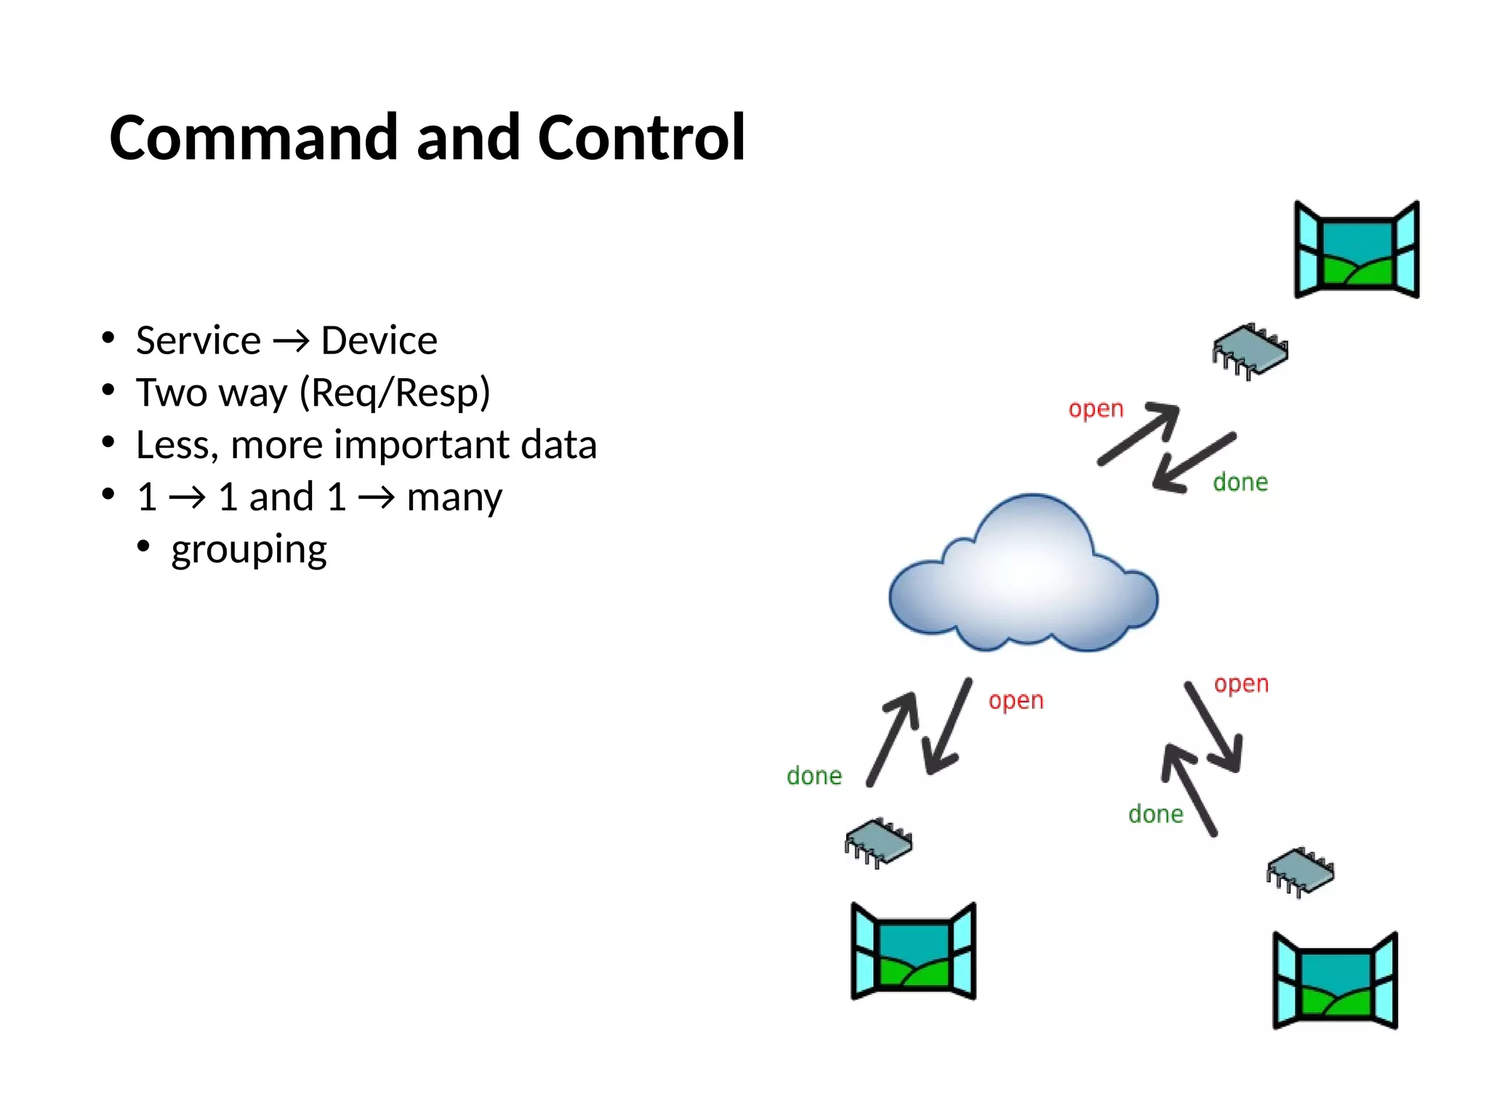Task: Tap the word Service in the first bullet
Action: [198, 340]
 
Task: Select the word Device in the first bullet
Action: [379, 340]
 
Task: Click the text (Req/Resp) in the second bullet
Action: [395, 393]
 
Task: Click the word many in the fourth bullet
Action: [454, 497]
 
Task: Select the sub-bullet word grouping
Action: [249, 550]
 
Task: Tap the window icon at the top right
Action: [1357, 250]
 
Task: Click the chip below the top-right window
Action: [1250, 351]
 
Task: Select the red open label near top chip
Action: [1096, 409]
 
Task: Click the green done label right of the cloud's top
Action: [1240, 482]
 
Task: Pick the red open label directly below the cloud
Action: [1016, 701]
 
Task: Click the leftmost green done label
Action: [814, 776]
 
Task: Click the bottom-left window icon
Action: [913, 952]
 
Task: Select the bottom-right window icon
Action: [1335, 981]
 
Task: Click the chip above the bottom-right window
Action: [1300, 871]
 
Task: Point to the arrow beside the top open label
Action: [1139, 434]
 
